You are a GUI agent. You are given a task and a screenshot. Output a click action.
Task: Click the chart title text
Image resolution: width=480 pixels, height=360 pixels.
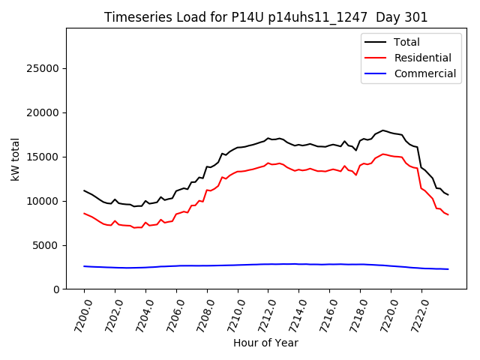[x=265, y=17]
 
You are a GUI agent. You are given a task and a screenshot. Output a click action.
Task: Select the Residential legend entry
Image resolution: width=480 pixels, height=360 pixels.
[x=422, y=58]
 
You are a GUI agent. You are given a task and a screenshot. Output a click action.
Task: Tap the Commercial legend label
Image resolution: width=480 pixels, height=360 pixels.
[x=424, y=73]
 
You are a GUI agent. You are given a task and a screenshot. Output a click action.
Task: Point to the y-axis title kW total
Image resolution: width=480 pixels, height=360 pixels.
[x=15, y=159]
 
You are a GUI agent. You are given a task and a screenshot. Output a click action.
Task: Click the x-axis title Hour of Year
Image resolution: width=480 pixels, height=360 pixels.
[x=265, y=343]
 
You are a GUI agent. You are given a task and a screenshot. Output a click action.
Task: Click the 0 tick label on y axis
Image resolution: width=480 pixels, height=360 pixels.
[x=57, y=289]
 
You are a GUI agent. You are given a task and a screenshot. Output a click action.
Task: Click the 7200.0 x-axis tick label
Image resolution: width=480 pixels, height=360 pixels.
[x=78, y=316]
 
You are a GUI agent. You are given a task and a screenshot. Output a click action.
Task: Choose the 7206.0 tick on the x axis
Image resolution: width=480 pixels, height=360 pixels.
[x=170, y=316]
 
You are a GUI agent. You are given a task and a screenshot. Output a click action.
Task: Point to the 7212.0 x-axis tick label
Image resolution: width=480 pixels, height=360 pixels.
[x=262, y=316]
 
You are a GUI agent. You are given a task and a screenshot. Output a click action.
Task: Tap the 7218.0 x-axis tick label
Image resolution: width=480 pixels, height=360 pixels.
[x=354, y=316]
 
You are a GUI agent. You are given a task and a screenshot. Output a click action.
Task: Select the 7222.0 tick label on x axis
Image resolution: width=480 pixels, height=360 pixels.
[x=415, y=316]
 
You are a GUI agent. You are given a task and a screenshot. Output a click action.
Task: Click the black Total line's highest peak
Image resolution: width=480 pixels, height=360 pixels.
[x=382, y=130]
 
